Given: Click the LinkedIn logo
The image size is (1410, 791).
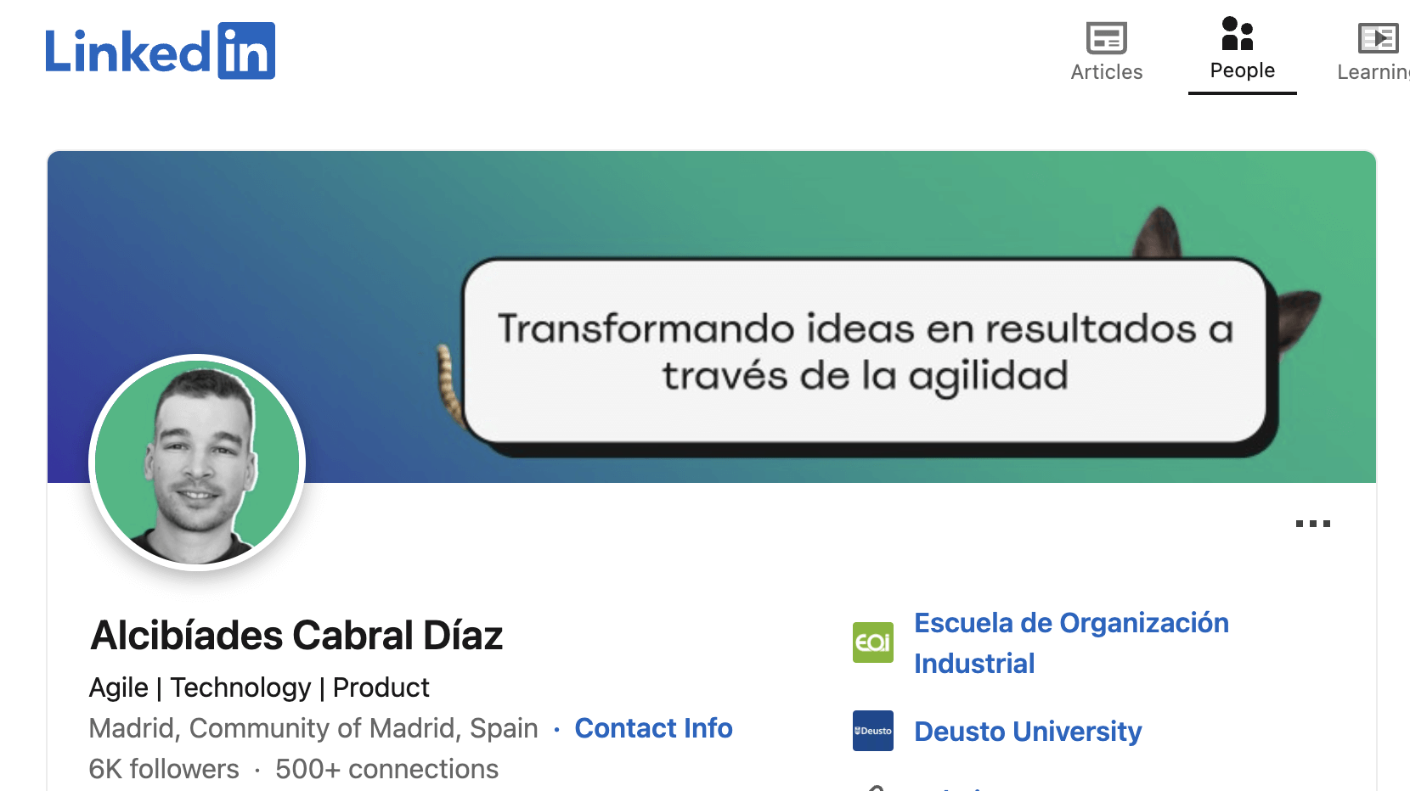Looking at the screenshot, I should tap(160, 51).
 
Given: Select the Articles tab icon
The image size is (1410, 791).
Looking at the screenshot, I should tap(1106, 38).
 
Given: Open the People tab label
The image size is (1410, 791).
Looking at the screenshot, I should tap(1242, 70).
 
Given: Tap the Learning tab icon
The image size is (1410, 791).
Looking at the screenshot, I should tap(1377, 38).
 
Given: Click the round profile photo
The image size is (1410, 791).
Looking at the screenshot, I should tap(197, 463).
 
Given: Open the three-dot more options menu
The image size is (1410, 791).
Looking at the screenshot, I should tap(1312, 524).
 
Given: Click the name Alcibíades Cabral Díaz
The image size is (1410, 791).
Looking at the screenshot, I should tap(296, 636).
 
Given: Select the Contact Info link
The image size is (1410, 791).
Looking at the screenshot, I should tap(653, 728).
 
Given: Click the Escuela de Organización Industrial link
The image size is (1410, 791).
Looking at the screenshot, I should tap(1070, 642).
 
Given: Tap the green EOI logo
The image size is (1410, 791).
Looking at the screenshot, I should tap(872, 642).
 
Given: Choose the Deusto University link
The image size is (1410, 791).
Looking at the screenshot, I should tap(1027, 732).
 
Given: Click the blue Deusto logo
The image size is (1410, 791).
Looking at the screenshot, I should tap(872, 731).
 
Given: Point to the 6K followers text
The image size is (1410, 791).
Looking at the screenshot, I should tap(164, 769).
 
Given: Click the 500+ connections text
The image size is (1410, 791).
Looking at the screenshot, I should tap(386, 769).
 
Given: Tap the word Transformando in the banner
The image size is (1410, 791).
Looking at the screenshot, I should tap(646, 328).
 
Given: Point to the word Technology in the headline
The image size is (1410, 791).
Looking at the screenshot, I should tap(240, 687).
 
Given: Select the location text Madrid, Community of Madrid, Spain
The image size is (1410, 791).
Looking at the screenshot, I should tap(313, 728).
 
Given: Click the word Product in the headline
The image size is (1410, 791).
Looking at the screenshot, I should tap(381, 687).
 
